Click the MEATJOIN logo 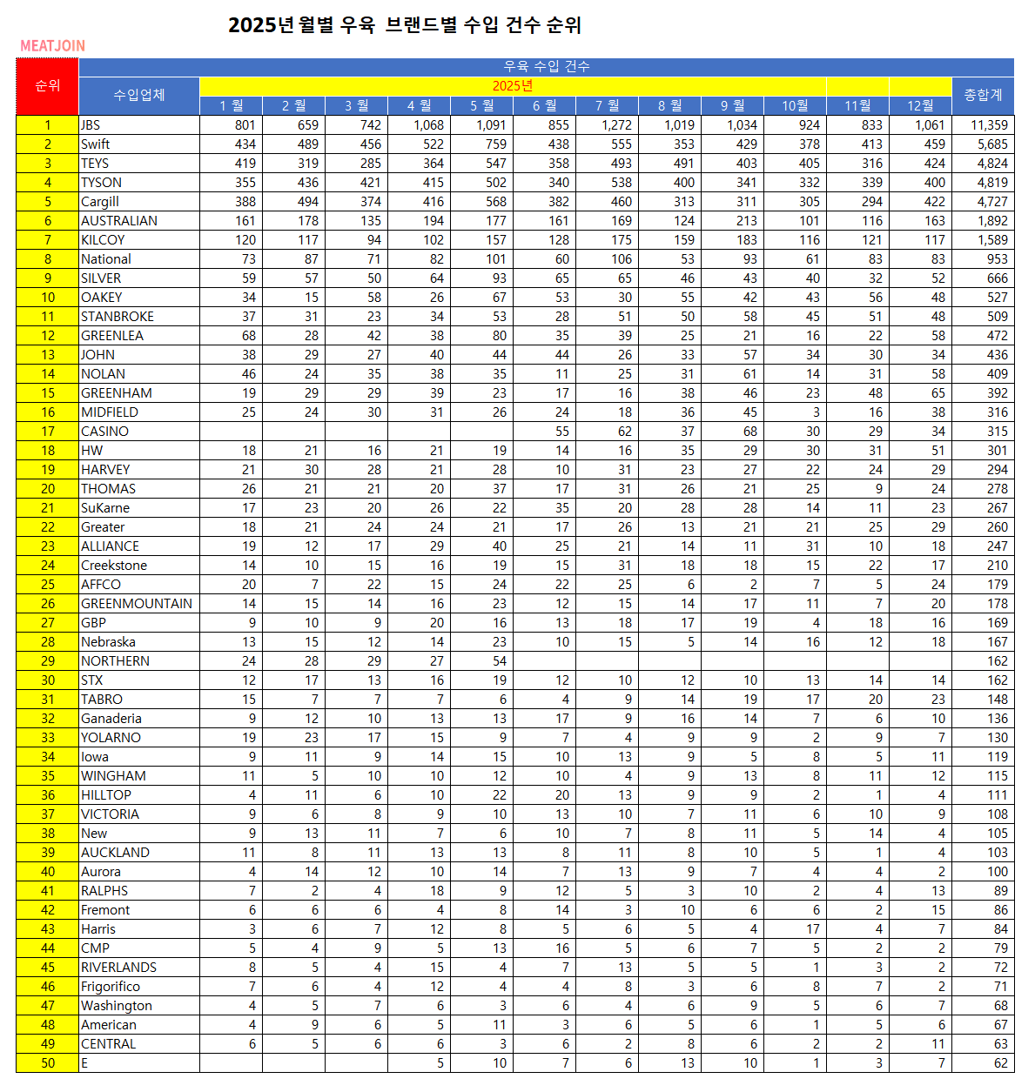click(52, 46)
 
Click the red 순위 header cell click(47, 86)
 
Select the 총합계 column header click(983, 95)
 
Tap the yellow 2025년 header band click(512, 85)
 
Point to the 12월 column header click(920, 105)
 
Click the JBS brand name click(91, 125)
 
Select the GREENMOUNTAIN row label click(137, 604)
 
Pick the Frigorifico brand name click(111, 987)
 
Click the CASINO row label click(104, 432)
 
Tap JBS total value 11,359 click(989, 125)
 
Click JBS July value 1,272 click(616, 125)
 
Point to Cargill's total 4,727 click(992, 202)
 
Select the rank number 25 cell click(47, 585)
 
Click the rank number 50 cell click(47, 1063)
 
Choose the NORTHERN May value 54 click(499, 661)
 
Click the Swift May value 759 click(496, 144)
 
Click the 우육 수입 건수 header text click(546, 67)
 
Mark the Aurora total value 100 click(998, 872)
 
